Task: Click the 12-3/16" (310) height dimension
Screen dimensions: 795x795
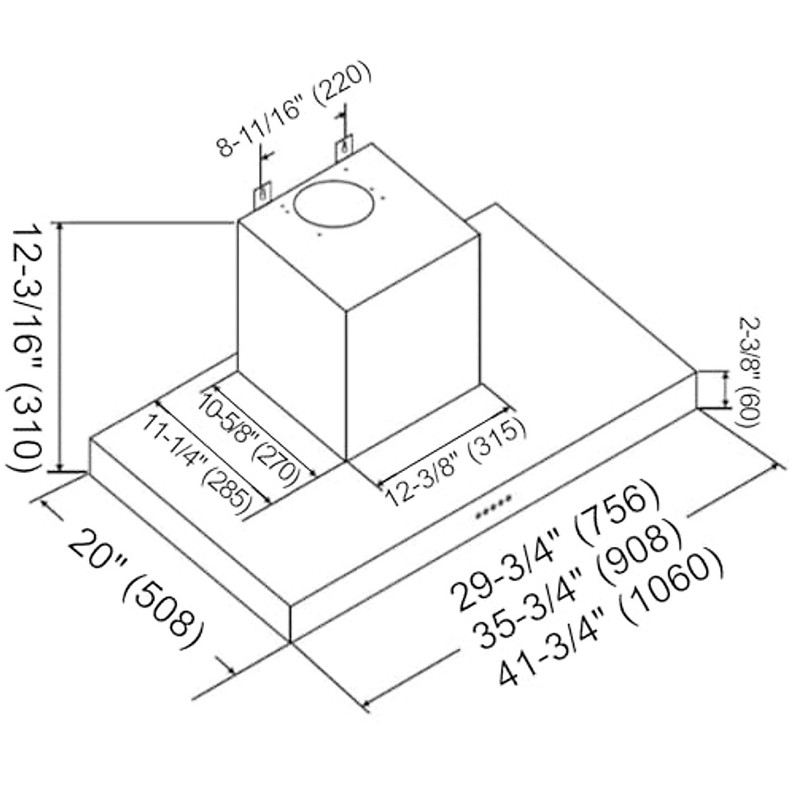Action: tap(30, 348)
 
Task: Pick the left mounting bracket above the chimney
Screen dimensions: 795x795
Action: tap(262, 195)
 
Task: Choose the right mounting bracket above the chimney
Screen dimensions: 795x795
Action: tap(344, 148)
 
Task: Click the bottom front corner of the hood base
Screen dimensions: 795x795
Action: tap(291, 641)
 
